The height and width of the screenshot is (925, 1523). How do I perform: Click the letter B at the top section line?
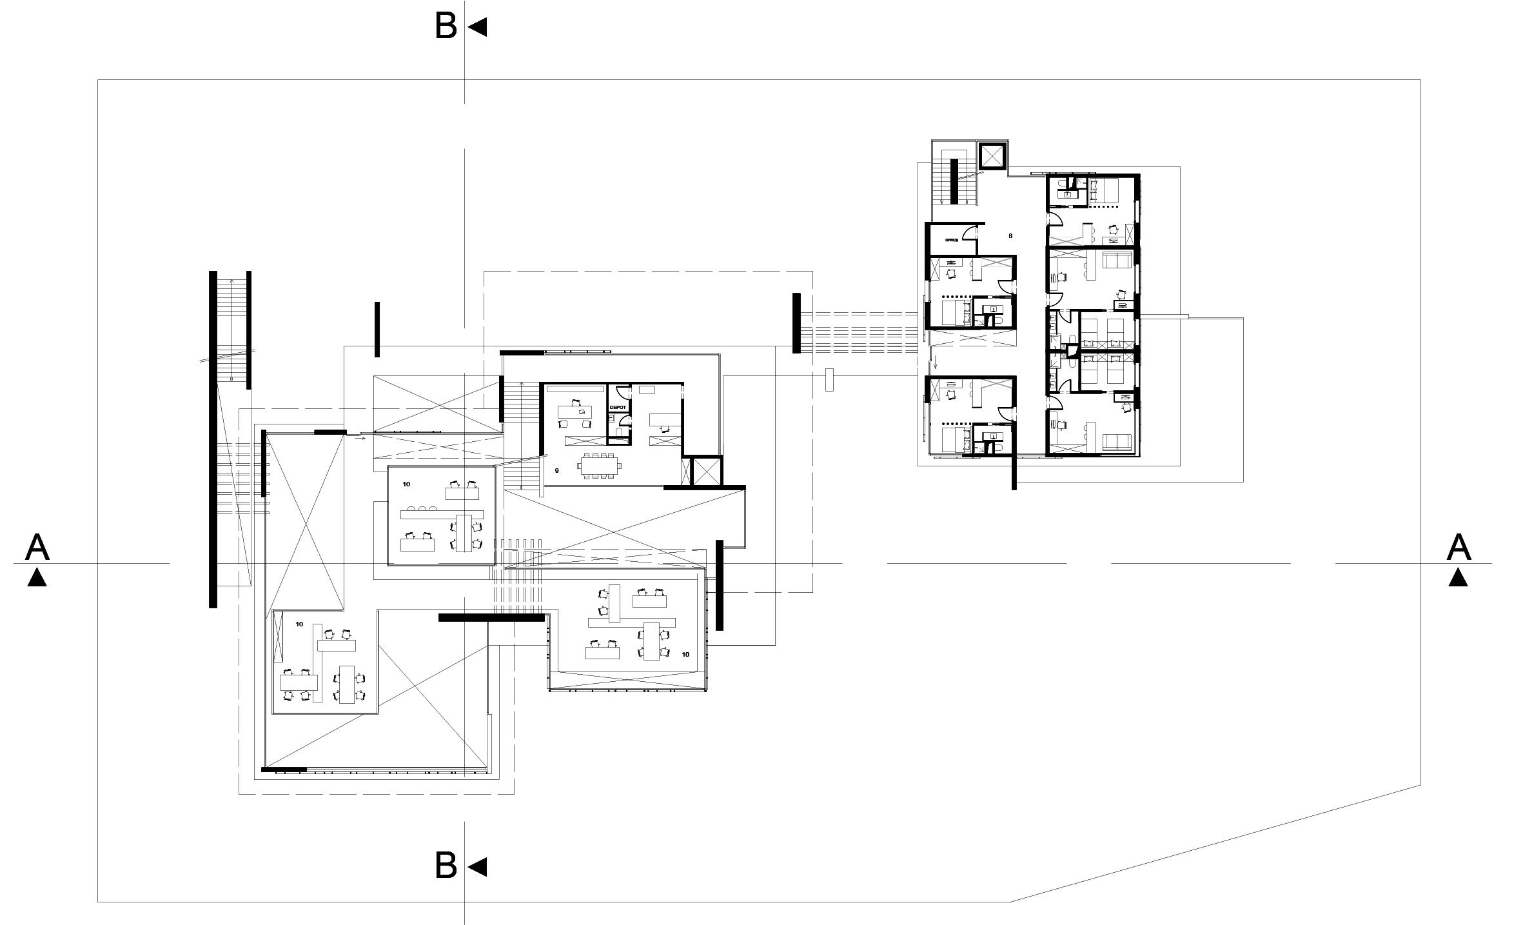(x=446, y=26)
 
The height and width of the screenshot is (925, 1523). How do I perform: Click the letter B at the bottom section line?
(x=446, y=866)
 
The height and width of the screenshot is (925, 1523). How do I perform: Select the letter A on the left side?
(x=37, y=548)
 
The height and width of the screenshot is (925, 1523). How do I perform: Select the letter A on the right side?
(x=1459, y=548)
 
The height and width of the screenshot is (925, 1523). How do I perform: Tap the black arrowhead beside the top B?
(x=478, y=27)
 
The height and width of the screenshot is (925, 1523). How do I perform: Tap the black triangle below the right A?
(x=1459, y=577)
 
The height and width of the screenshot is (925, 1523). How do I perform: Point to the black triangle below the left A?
(x=37, y=577)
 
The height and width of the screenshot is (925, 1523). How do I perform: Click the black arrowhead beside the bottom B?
(x=478, y=867)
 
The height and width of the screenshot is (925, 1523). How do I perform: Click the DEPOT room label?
(x=618, y=408)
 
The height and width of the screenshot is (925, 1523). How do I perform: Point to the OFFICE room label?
(x=952, y=239)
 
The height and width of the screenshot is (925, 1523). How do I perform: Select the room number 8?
(x=1010, y=236)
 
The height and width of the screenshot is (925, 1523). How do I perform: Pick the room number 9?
(x=557, y=471)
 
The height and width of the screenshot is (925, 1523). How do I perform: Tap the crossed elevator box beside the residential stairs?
(x=992, y=155)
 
